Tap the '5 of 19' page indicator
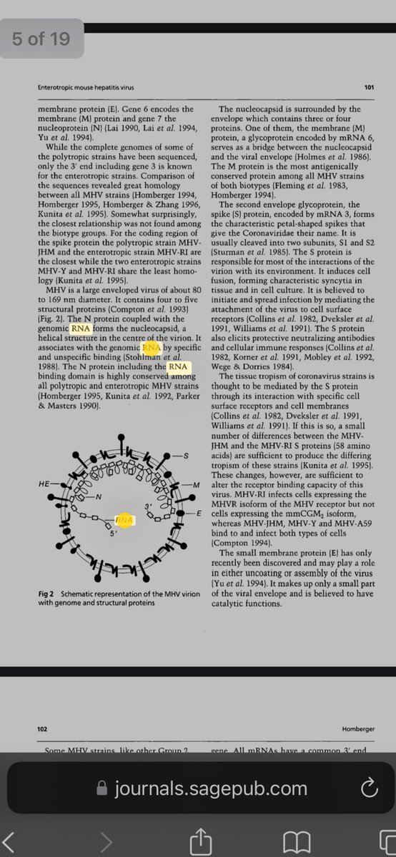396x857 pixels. point(41,39)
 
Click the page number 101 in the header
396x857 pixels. point(369,88)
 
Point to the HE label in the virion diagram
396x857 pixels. point(44,483)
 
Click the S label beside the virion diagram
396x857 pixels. point(187,456)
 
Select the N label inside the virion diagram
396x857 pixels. point(99,496)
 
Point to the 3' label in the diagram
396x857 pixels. point(149,506)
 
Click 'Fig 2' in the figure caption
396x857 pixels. point(47,593)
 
